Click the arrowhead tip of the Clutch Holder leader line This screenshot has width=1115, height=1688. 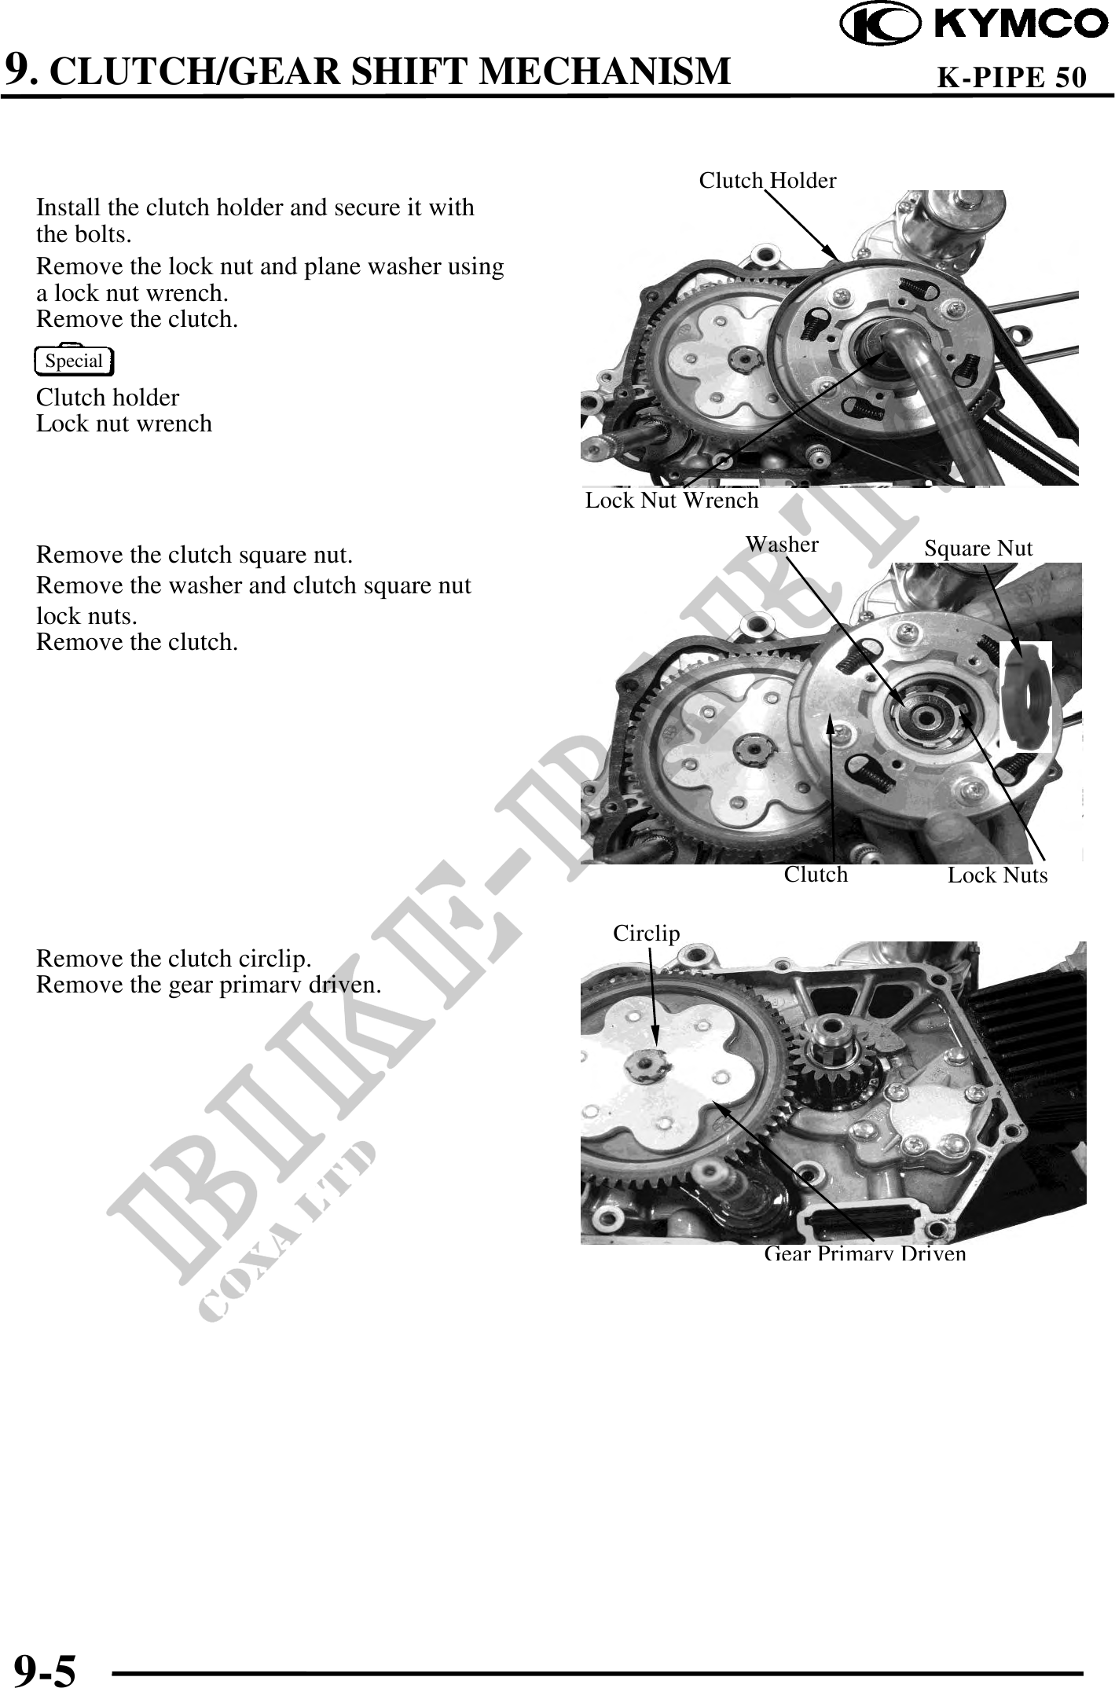(839, 260)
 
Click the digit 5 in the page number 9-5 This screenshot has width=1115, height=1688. (64, 1666)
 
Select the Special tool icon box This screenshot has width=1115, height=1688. (75, 361)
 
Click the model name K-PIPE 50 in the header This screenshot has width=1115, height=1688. (1013, 76)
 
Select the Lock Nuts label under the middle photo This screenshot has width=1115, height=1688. (997, 875)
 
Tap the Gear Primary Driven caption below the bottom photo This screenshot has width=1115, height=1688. (865, 1253)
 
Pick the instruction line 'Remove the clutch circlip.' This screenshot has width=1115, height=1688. (174, 959)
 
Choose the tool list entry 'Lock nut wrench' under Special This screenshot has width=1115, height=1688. (124, 424)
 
